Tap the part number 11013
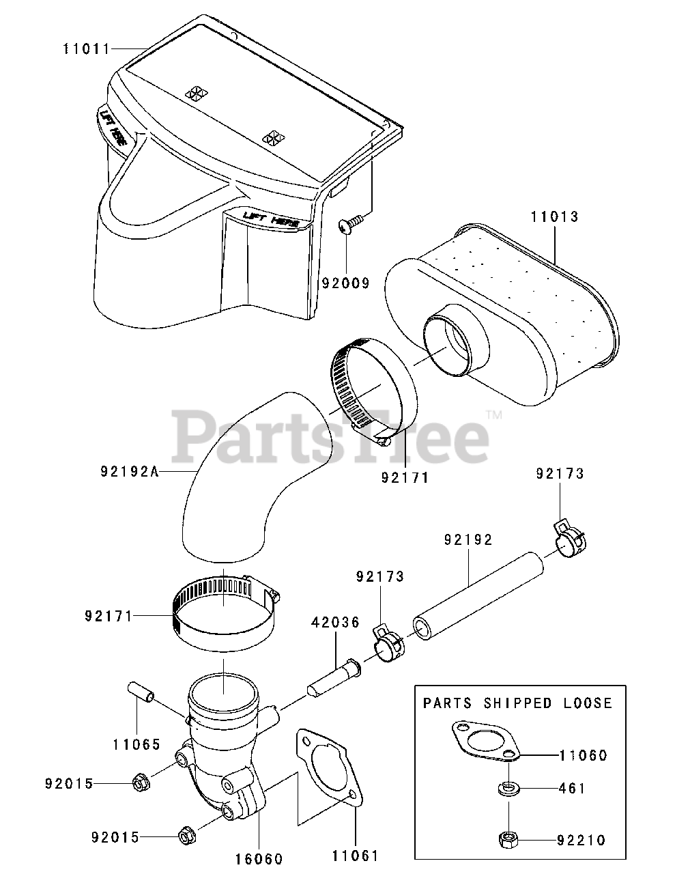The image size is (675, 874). (x=554, y=217)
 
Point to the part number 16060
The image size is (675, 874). (x=259, y=858)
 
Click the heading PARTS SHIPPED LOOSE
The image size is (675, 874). (x=518, y=703)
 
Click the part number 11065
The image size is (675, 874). (x=137, y=744)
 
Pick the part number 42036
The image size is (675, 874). (x=335, y=622)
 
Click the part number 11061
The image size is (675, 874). (x=355, y=855)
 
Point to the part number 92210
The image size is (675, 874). (x=581, y=840)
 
